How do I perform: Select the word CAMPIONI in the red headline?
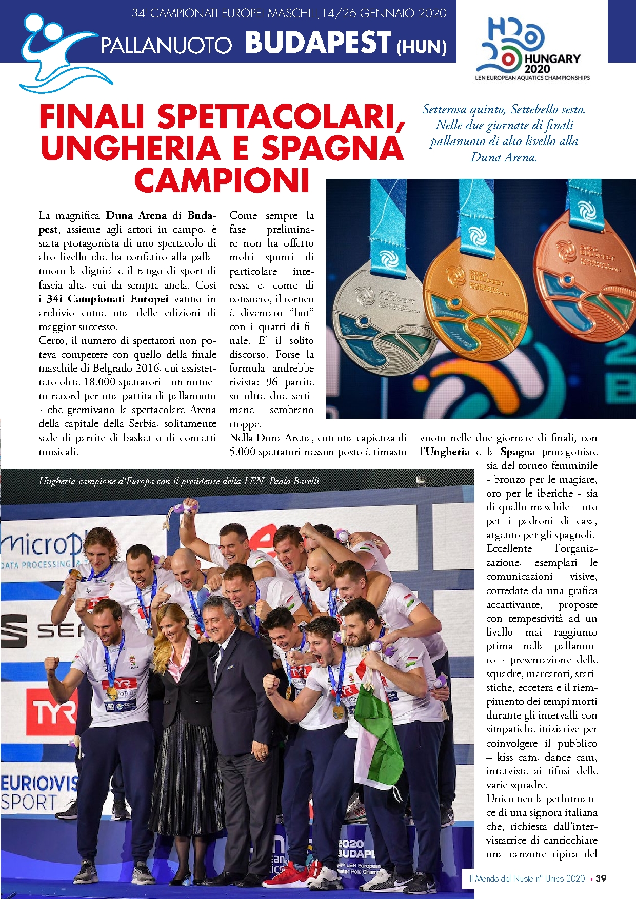pyautogui.click(x=222, y=180)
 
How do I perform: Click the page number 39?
pyautogui.click(x=601, y=878)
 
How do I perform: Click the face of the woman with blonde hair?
pyautogui.click(x=170, y=623)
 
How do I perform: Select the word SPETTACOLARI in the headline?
pyautogui.click(x=281, y=117)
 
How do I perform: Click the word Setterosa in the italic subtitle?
pyautogui.click(x=444, y=109)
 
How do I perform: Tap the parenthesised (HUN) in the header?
pyautogui.click(x=421, y=47)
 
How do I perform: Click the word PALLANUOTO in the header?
pyautogui.click(x=167, y=46)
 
